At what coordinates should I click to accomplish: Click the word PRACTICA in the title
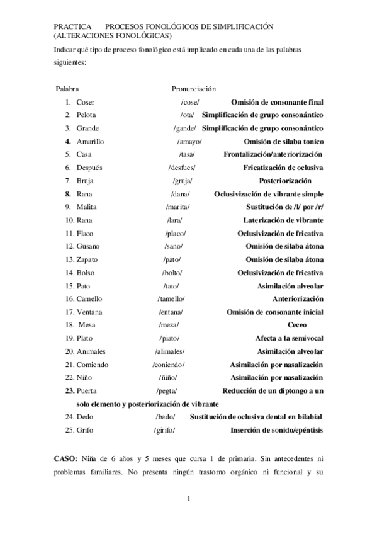click(x=69, y=27)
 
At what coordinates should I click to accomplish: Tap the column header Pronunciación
click(x=193, y=89)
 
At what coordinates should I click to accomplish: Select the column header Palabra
click(x=67, y=89)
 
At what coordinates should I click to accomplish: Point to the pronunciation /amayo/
click(x=189, y=142)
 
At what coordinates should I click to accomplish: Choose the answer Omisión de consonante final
click(x=277, y=102)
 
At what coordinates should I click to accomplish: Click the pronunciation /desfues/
click(x=182, y=168)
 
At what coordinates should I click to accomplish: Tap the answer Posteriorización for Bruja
click(x=295, y=181)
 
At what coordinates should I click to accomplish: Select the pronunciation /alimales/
click(x=170, y=351)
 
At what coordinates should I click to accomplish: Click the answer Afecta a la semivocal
click(x=289, y=338)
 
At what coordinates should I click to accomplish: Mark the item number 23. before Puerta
click(x=69, y=391)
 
